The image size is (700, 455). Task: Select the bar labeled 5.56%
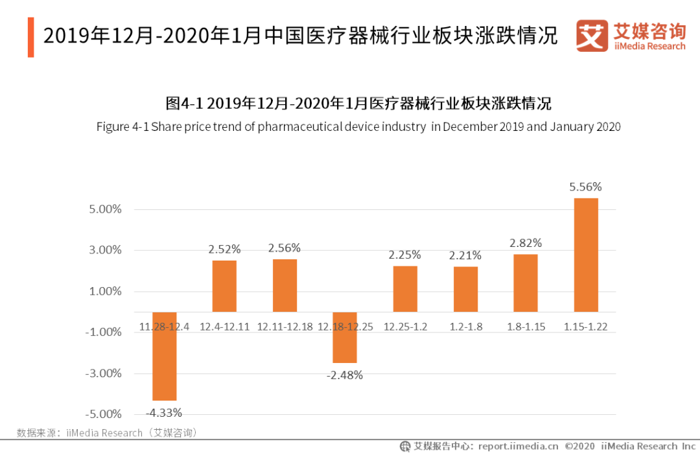586,255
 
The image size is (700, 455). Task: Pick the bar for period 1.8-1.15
526,283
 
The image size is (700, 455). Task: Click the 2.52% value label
224,249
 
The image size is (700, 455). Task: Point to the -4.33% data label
164,412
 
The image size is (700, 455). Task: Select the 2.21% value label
465,255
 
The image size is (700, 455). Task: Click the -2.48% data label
345,375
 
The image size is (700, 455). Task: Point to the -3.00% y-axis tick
105,373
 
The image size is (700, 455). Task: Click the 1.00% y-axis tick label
106,291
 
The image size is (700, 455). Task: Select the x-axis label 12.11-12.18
285,327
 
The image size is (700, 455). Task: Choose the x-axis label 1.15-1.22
586,327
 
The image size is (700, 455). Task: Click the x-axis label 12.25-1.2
406,327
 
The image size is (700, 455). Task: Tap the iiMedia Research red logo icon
592,36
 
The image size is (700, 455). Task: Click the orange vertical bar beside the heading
30,37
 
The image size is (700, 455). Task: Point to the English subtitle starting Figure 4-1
358,126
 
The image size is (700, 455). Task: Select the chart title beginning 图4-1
358,103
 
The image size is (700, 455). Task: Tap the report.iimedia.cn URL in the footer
518,446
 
